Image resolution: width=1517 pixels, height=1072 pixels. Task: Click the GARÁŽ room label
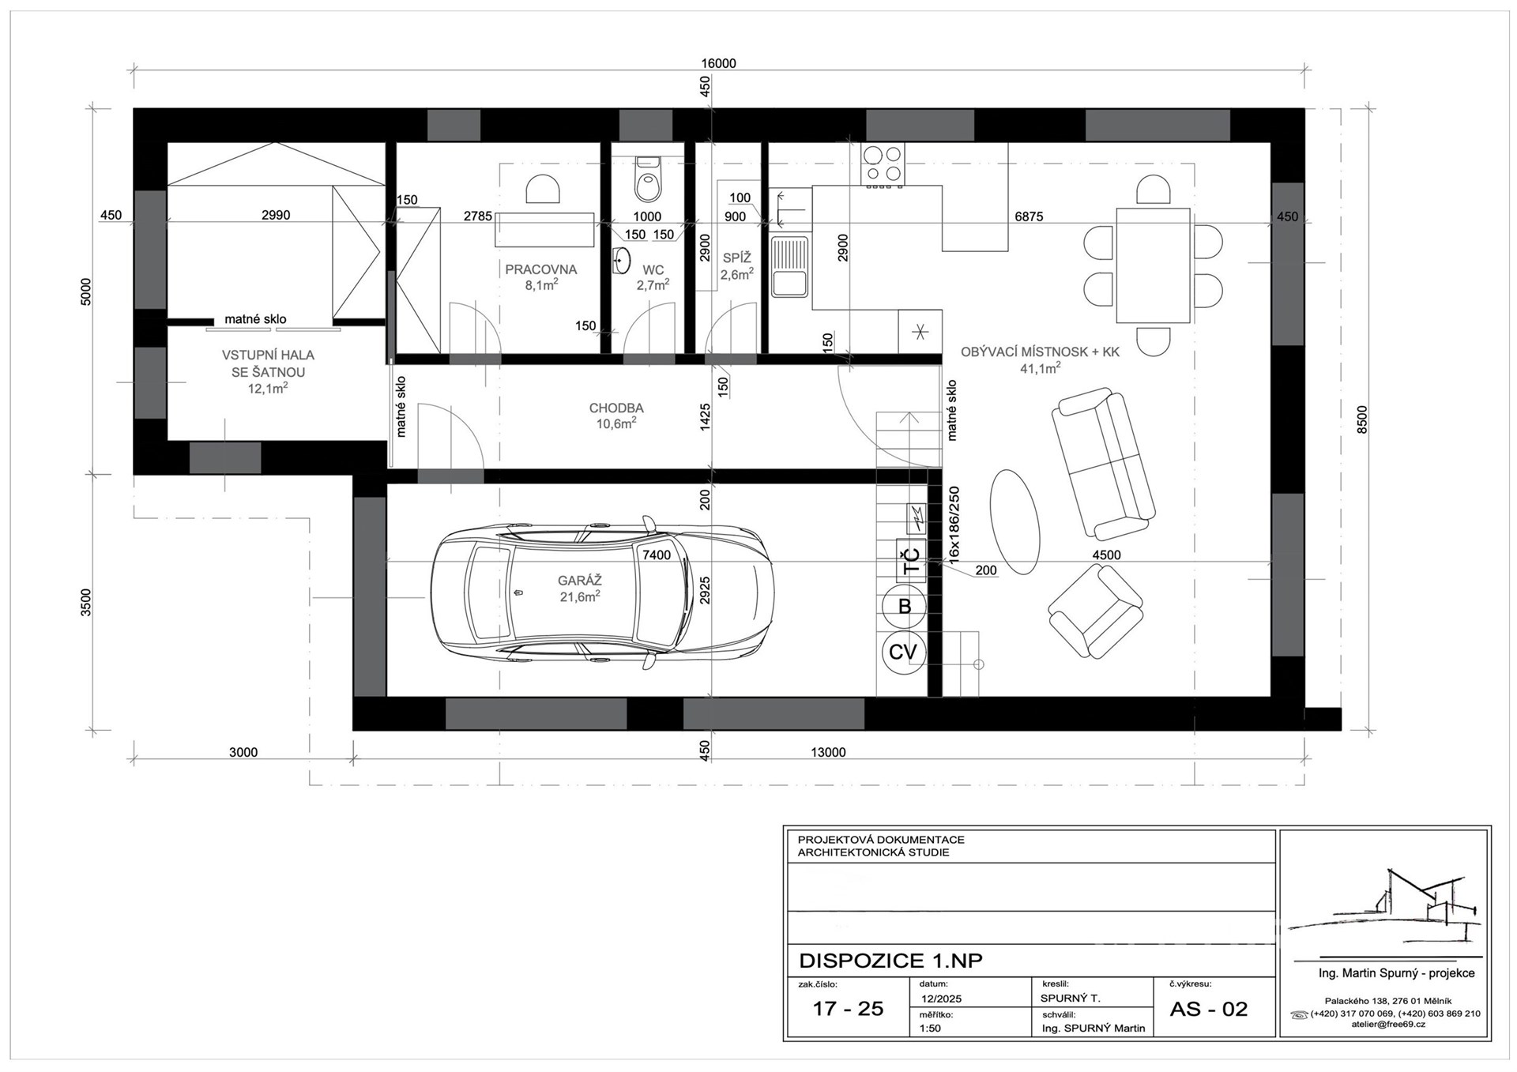coord(579,581)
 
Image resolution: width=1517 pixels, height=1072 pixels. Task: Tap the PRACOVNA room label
coord(541,269)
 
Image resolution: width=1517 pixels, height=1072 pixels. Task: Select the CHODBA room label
coord(616,408)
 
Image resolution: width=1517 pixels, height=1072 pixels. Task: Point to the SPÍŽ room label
coord(736,258)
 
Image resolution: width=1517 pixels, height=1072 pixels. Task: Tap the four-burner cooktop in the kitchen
coord(883,164)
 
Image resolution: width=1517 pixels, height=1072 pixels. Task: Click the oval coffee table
coord(1014,515)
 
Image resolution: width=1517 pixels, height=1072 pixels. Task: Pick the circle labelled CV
coord(903,652)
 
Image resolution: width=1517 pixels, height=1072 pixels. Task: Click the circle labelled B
coord(905,607)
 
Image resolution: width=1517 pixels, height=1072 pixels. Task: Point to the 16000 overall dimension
coord(719,63)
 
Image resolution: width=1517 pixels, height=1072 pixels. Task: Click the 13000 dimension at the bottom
coord(828,752)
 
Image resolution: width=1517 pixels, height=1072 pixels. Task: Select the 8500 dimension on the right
coord(1361,420)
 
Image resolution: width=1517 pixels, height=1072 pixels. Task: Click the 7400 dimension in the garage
coord(656,555)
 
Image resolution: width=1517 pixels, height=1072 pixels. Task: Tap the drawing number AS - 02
coord(1208,1009)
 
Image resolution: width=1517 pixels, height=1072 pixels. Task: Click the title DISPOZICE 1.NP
coord(891,961)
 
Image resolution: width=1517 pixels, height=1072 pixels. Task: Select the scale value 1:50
coord(931,1029)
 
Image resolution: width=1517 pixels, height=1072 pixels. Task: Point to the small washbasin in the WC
coord(622,260)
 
